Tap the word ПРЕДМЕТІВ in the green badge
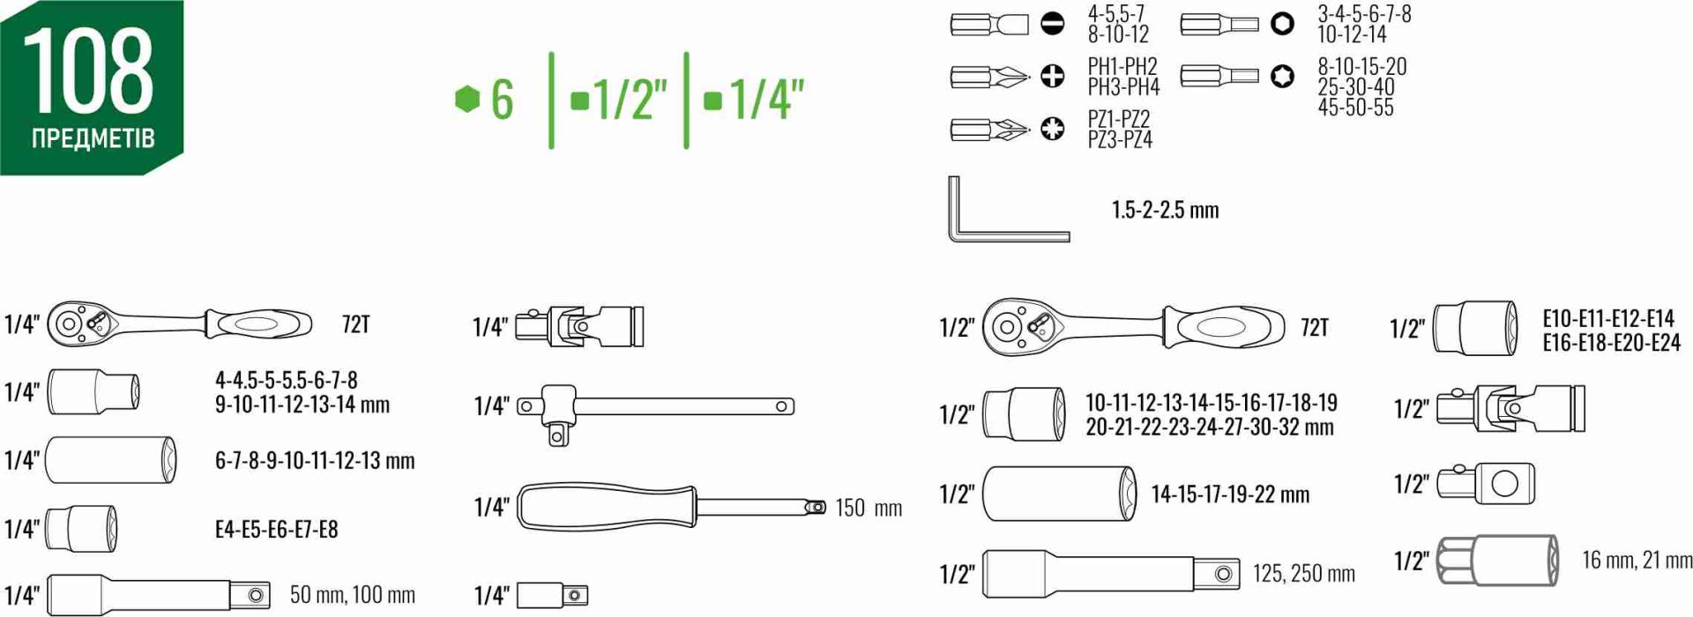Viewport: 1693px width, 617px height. (x=93, y=139)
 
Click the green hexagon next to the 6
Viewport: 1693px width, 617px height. (x=466, y=98)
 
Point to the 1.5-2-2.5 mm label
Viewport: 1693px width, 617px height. (x=1165, y=210)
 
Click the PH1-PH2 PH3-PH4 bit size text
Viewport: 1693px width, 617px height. (x=1122, y=77)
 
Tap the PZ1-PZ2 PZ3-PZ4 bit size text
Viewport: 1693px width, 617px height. (x=1120, y=130)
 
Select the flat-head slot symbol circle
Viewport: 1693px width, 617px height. (x=1052, y=24)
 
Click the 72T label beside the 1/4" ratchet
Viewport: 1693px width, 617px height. (x=355, y=324)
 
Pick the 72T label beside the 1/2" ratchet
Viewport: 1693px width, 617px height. (x=1314, y=328)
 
